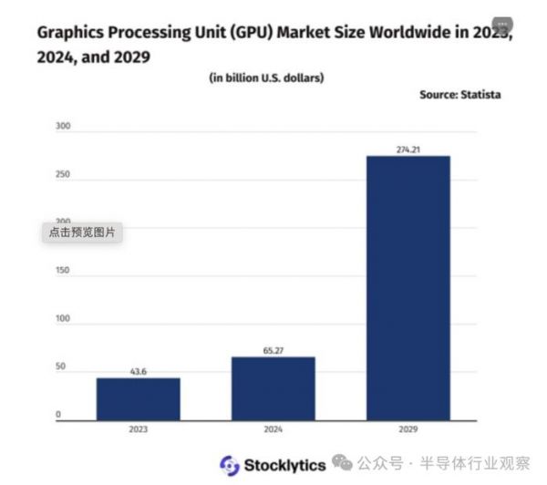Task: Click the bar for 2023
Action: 139,398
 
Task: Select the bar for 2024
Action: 273,387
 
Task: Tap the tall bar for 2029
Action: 408,287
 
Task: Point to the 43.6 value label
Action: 139,371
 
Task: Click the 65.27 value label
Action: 273,349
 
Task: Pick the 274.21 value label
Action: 408,149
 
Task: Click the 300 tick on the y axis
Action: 63,127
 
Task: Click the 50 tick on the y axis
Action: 61,366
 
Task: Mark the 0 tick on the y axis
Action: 58,415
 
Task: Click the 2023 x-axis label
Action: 139,428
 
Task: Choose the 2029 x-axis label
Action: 408,428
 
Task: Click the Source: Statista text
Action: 459,95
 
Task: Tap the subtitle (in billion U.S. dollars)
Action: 266,77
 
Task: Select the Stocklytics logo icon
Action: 229,465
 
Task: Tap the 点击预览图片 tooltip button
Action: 83,232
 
